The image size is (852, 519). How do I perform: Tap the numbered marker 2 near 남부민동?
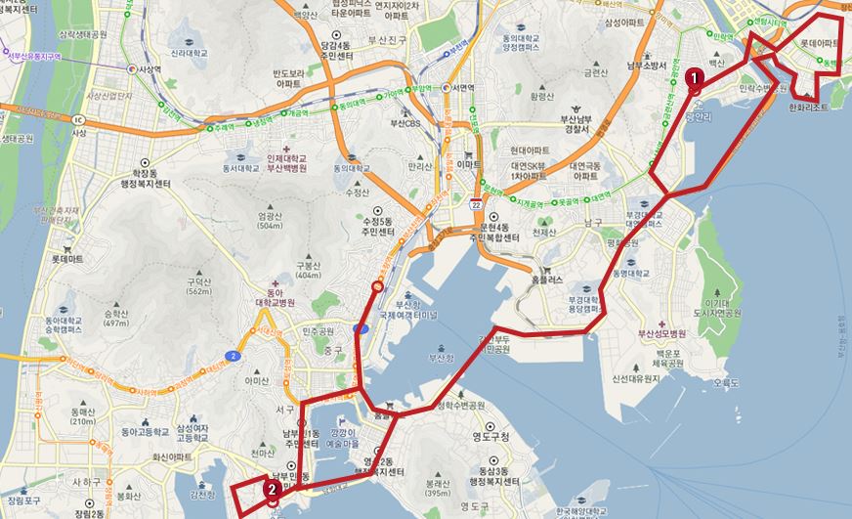(x=271, y=488)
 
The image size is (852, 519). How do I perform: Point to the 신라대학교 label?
(x=192, y=54)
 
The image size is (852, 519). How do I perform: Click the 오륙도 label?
(x=729, y=383)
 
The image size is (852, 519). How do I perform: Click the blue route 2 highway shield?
(x=231, y=356)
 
